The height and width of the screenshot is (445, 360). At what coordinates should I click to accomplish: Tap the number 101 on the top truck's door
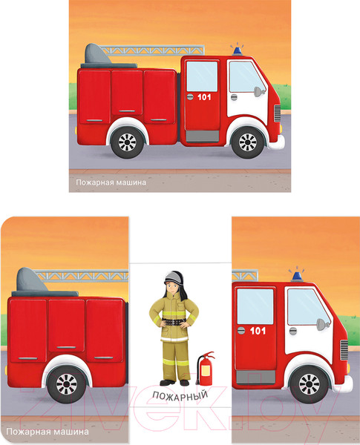pyautogui.click(x=204, y=97)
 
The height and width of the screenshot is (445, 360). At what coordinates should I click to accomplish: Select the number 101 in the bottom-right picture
pyautogui.click(x=258, y=331)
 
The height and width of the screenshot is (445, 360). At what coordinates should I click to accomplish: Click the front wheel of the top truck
pyautogui.click(x=247, y=142)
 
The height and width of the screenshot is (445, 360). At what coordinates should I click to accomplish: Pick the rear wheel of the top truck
pyautogui.click(x=127, y=142)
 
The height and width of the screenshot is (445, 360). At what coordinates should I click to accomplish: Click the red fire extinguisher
pyautogui.click(x=206, y=368)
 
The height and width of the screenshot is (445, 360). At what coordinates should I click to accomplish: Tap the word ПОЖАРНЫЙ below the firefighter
pyautogui.click(x=180, y=395)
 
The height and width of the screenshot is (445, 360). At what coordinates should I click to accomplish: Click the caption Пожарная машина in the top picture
pyautogui.click(x=111, y=182)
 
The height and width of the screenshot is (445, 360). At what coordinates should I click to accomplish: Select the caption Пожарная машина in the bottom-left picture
pyautogui.click(x=48, y=432)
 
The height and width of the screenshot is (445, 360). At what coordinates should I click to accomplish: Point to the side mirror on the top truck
pyautogui.click(x=259, y=91)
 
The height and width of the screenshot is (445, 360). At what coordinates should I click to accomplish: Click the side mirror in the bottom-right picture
pyautogui.click(x=322, y=324)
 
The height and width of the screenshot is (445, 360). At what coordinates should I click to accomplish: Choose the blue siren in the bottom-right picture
pyautogui.click(x=297, y=274)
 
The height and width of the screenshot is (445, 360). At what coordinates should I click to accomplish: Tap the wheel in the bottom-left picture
pyautogui.click(x=67, y=384)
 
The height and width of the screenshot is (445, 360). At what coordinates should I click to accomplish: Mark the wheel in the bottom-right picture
pyautogui.click(x=309, y=384)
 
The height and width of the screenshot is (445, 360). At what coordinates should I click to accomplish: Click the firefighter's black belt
pyautogui.click(x=174, y=322)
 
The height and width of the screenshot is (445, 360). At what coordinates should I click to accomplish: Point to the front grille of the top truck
pyautogui.click(x=277, y=113)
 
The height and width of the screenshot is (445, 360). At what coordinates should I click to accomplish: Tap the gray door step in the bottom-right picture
pyautogui.click(x=256, y=377)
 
